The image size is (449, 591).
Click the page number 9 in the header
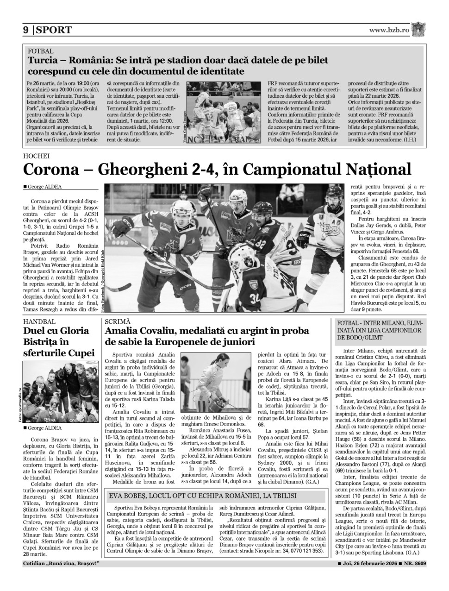(x=26, y=30)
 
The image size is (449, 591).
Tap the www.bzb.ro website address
(x=389, y=30)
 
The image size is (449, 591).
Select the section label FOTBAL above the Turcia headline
(x=41, y=51)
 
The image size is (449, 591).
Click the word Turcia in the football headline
(x=43, y=61)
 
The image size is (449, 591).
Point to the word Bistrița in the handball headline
(x=42, y=342)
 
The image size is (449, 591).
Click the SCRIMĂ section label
(x=118, y=321)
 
